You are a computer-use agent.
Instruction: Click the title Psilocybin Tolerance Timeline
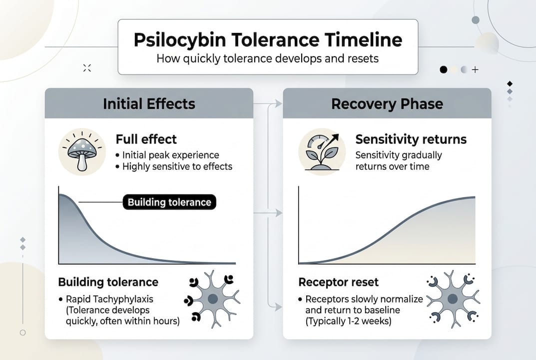pos(267,40)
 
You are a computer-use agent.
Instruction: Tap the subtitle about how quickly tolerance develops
pos(267,58)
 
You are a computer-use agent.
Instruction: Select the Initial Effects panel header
pos(149,103)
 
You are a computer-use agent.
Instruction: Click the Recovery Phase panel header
pos(387,103)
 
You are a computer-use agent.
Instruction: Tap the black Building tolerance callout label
pos(169,202)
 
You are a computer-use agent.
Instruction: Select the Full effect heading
pos(146,139)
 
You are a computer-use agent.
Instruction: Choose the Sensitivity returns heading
pos(411,139)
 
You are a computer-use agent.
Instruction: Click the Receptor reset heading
pos(338,282)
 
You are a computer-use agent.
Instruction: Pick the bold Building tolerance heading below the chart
pos(108,282)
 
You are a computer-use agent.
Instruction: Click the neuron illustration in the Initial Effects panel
pos(212,298)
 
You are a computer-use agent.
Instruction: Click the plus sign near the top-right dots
pos(475,70)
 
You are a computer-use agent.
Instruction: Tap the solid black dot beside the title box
pos(443,70)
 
